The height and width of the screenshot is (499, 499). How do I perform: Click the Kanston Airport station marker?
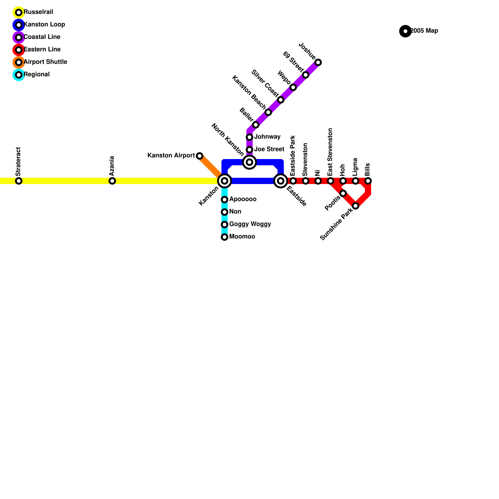(x=200, y=156)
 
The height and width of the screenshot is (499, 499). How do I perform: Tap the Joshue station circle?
(x=318, y=62)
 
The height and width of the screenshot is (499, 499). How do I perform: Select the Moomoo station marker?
(x=225, y=237)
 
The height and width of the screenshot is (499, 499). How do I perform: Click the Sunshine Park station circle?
(x=356, y=206)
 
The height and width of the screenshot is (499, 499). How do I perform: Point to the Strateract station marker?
(x=19, y=181)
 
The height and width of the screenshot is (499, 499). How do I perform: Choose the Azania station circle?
(x=112, y=181)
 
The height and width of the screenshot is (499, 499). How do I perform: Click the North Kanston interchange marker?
(x=249, y=162)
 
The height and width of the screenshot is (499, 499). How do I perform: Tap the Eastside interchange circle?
(x=281, y=181)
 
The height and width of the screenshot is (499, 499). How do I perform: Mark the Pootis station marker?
(x=343, y=193)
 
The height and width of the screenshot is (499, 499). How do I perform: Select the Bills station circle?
(x=368, y=181)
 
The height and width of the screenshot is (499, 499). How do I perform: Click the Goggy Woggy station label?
(x=250, y=224)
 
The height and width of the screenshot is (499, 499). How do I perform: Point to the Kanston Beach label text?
(x=249, y=92)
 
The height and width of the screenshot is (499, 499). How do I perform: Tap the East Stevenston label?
(x=330, y=152)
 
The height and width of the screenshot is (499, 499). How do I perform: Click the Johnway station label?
(x=267, y=137)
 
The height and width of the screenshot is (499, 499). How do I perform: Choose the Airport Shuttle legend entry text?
(x=45, y=62)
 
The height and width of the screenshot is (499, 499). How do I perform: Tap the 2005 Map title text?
(x=424, y=31)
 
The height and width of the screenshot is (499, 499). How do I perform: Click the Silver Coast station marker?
(x=281, y=100)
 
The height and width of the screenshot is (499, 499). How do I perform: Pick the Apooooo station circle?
(x=225, y=200)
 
